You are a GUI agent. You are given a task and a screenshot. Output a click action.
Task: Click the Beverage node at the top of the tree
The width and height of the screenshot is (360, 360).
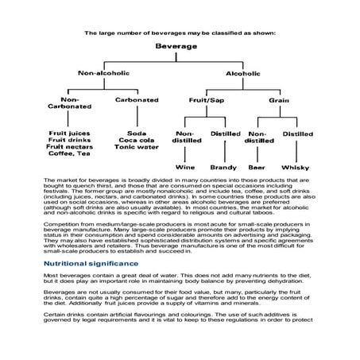pyautogui.click(x=179, y=47)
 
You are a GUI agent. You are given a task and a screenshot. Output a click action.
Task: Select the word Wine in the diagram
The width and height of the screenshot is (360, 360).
pyautogui.click(x=185, y=168)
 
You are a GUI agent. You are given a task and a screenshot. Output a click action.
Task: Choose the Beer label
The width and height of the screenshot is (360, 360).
pyautogui.click(x=258, y=168)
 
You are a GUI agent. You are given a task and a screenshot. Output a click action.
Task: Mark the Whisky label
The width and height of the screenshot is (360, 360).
pyautogui.click(x=297, y=168)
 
